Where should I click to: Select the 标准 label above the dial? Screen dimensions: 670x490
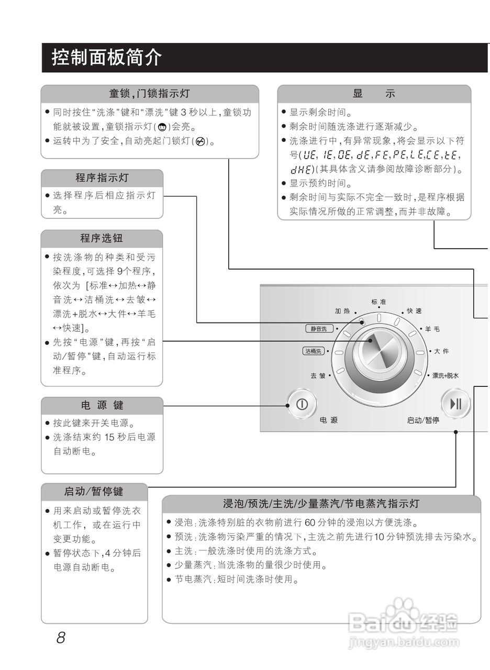coord(378,302)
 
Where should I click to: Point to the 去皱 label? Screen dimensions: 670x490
coord(318,375)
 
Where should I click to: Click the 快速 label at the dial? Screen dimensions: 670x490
coord(414,311)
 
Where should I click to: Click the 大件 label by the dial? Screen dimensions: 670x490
coord(441,351)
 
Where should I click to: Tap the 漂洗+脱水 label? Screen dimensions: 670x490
coord(445,375)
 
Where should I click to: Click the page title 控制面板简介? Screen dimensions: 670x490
coord(107,58)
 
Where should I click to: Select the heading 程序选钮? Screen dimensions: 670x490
coord(102,239)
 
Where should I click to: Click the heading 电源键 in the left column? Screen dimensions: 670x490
coord(102,406)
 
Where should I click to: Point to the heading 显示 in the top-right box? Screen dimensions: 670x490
coord(374,94)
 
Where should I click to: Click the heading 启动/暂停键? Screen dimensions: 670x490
coord(94,492)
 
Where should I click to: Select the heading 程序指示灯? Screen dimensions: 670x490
coord(102,177)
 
